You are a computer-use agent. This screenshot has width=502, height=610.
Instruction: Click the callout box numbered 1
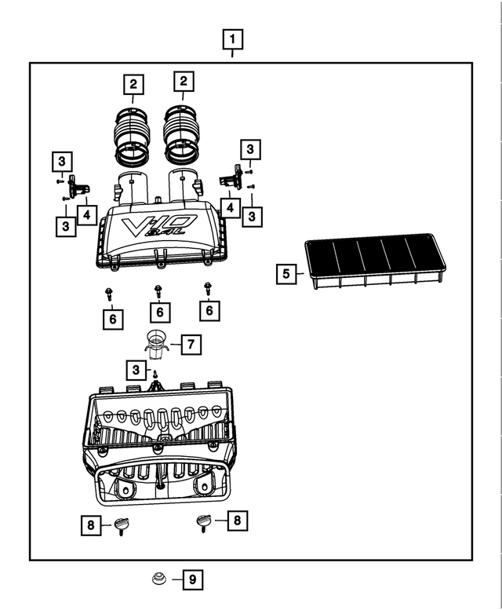tap(232, 38)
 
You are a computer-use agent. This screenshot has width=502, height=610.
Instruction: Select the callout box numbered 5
tap(286, 274)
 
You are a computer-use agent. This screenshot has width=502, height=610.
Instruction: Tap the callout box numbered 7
tap(191, 344)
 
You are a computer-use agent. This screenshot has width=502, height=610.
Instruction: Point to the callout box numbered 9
tap(192, 580)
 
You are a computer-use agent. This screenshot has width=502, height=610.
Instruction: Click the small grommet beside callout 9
tap(158, 580)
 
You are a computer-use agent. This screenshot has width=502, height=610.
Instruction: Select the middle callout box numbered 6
tap(160, 312)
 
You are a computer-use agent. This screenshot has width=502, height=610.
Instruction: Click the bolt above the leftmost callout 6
tap(108, 293)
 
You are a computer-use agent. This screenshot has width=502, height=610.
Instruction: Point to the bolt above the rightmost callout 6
tap(208, 289)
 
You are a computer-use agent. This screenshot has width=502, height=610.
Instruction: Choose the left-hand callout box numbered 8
tap(91, 525)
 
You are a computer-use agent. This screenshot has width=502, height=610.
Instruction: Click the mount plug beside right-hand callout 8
tap(205, 521)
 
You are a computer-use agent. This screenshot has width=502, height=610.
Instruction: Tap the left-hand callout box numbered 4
tap(86, 214)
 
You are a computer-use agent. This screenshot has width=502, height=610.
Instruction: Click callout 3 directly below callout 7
tap(136, 368)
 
